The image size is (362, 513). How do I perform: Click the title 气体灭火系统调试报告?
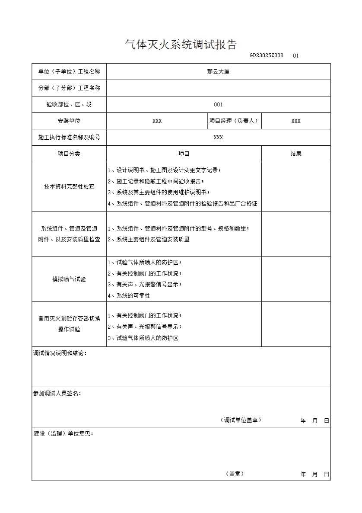pos(181,45)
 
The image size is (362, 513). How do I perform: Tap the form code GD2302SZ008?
pos(266,55)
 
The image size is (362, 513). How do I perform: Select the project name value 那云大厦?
pos(218,72)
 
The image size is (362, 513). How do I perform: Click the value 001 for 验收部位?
pos(218,105)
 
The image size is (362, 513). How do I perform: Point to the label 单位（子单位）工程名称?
pos(69,72)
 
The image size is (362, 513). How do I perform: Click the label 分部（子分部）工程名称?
pos(69,88)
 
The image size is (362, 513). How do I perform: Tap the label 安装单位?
pos(69,121)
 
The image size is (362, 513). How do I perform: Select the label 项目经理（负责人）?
pos(234,121)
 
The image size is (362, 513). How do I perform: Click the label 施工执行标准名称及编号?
pos(69,138)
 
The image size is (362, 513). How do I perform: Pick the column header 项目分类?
pos(69,154)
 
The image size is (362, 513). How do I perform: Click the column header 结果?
pos(296,154)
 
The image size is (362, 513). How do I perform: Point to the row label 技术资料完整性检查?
pos(69,187)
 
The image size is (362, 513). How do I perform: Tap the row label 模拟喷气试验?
pos(69,279)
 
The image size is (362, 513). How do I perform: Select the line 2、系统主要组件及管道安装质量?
pos(149,239)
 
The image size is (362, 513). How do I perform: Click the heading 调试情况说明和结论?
pos(60,353)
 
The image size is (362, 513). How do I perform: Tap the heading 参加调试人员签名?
pos(57,394)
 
